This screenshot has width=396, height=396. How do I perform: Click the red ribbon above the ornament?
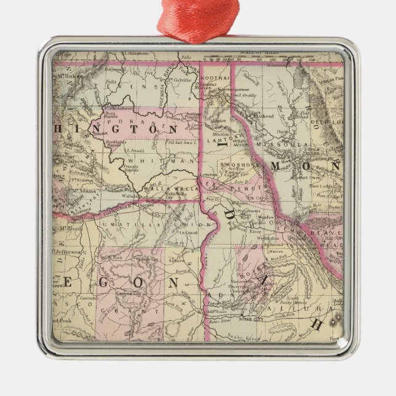[x=197, y=18]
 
